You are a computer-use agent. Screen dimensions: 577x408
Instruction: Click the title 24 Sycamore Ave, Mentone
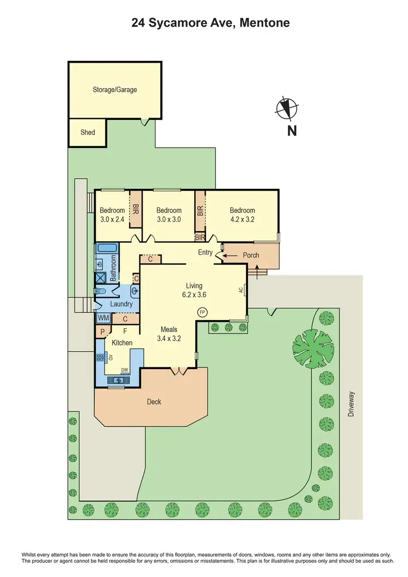(x=211, y=23)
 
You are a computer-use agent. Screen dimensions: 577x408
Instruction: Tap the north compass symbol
(x=286, y=108)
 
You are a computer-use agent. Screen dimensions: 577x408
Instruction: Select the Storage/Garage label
(x=114, y=89)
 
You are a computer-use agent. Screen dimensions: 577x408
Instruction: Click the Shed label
(x=88, y=132)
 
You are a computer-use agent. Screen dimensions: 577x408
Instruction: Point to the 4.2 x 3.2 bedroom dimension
(x=242, y=220)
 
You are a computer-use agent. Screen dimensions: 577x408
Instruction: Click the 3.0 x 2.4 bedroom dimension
(x=112, y=220)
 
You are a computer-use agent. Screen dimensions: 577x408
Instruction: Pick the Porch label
(x=251, y=255)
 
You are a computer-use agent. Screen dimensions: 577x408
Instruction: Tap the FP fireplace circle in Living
(x=201, y=312)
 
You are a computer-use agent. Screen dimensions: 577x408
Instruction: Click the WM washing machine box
(x=103, y=318)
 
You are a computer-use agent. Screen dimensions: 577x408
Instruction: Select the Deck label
(x=154, y=402)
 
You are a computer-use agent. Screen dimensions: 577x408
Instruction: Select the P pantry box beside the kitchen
(x=102, y=332)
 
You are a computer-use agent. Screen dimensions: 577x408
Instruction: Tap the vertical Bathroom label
(x=114, y=269)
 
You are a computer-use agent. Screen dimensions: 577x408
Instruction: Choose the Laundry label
(x=121, y=304)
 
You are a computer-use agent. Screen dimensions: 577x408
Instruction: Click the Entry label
(x=205, y=252)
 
